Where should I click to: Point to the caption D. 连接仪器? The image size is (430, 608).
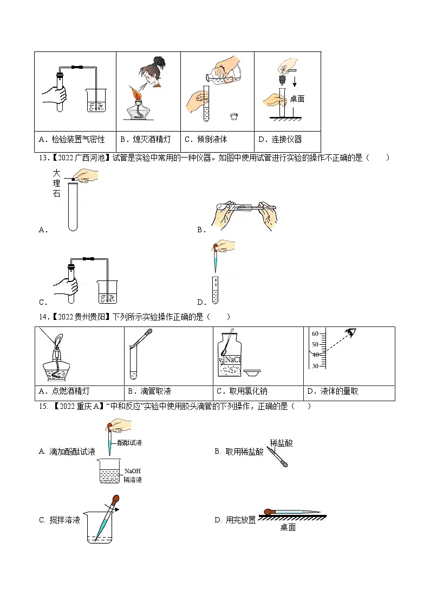point(280,140)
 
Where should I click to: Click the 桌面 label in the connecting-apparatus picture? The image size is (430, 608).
point(297,99)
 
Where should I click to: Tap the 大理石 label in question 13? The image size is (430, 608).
point(57,184)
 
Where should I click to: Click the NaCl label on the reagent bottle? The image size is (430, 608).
point(233,359)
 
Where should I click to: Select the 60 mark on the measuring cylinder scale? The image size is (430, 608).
point(315,334)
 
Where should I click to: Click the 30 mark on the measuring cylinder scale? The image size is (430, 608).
point(315,366)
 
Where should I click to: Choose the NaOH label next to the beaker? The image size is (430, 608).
point(132,471)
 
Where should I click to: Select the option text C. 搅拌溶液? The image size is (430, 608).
point(60,520)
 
